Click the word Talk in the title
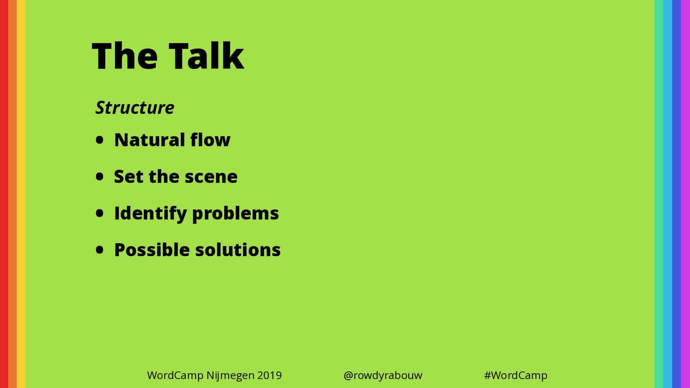(206, 55)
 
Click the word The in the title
(125, 55)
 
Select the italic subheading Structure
(135, 107)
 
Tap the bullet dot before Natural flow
(100, 140)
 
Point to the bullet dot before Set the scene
(100, 176)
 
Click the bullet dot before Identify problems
(100, 213)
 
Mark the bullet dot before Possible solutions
(100, 250)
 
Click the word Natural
(149, 140)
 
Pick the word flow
(210, 139)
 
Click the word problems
(235, 213)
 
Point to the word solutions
(238, 250)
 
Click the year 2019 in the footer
(270, 375)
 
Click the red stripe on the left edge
(4, 194)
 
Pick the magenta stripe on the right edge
(686, 194)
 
